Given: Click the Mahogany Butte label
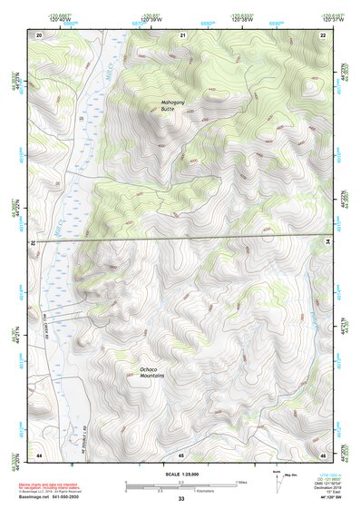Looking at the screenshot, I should click(x=161, y=105).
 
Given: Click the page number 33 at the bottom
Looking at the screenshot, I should click(x=181, y=499).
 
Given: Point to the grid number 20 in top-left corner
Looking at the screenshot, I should click(x=39, y=34).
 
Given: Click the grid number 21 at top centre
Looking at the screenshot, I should click(x=183, y=34).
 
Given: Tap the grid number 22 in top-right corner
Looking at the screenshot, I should click(x=323, y=34).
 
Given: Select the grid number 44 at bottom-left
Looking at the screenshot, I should click(x=39, y=454).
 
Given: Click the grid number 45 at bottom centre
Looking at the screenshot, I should click(x=181, y=454).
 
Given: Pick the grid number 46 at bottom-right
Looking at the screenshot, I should click(x=323, y=454).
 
